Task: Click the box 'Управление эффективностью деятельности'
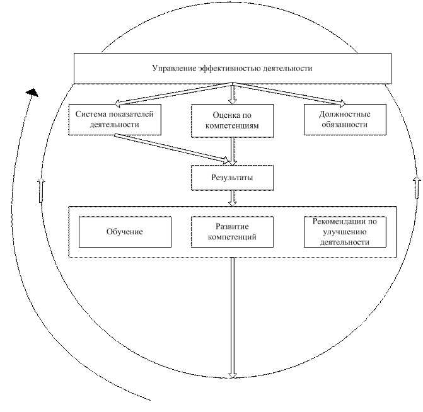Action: (232, 68)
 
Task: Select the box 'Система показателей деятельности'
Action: (114, 120)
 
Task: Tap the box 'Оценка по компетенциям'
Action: (232, 120)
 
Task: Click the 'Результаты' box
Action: (232, 178)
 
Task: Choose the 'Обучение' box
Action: (125, 232)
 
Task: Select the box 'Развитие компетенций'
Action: (232, 232)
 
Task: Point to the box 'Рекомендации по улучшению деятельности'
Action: (344, 232)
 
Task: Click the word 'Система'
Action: (91, 114)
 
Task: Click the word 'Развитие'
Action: (232, 227)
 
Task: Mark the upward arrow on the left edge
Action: (42, 190)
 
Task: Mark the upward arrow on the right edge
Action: (417, 187)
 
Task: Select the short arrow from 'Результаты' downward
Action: (232, 198)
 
